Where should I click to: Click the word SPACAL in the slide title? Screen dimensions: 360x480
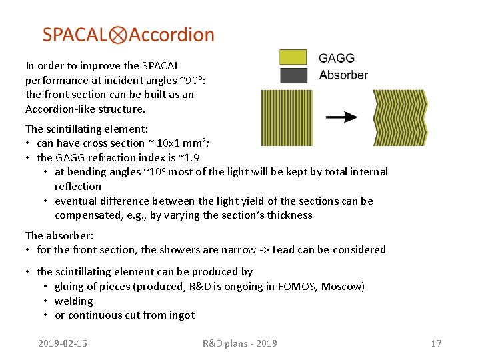point(75,35)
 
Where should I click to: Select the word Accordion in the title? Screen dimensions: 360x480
point(171,35)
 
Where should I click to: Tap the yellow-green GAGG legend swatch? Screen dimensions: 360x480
point(293,57)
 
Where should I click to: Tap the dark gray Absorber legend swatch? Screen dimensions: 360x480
point(293,75)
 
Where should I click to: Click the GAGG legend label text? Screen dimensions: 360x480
point(337,58)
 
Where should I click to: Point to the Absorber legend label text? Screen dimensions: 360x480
point(343,75)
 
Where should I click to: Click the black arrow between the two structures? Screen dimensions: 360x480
point(341,117)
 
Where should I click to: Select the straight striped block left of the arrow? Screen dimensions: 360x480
point(286,118)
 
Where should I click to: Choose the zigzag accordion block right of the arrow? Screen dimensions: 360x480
point(399,118)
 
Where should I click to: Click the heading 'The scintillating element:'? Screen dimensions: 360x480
point(87,129)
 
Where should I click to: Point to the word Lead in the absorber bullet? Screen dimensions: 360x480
point(285,249)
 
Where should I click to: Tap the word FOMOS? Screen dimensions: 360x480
point(301,286)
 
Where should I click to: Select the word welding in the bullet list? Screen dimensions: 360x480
point(73,301)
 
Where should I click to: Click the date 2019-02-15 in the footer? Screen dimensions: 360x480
point(63,343)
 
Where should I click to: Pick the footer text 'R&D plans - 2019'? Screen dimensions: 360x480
point(240,343)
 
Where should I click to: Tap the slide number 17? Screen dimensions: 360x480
point(436,343)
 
